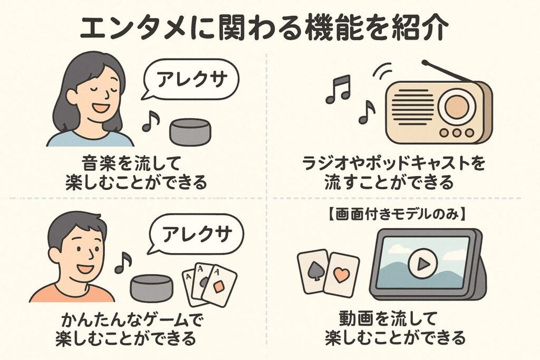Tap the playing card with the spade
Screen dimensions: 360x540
[x=314, y=270]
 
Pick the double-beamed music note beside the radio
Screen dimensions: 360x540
[x=337, y=88]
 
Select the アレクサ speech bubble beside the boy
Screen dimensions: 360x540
[x=197, y=233]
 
